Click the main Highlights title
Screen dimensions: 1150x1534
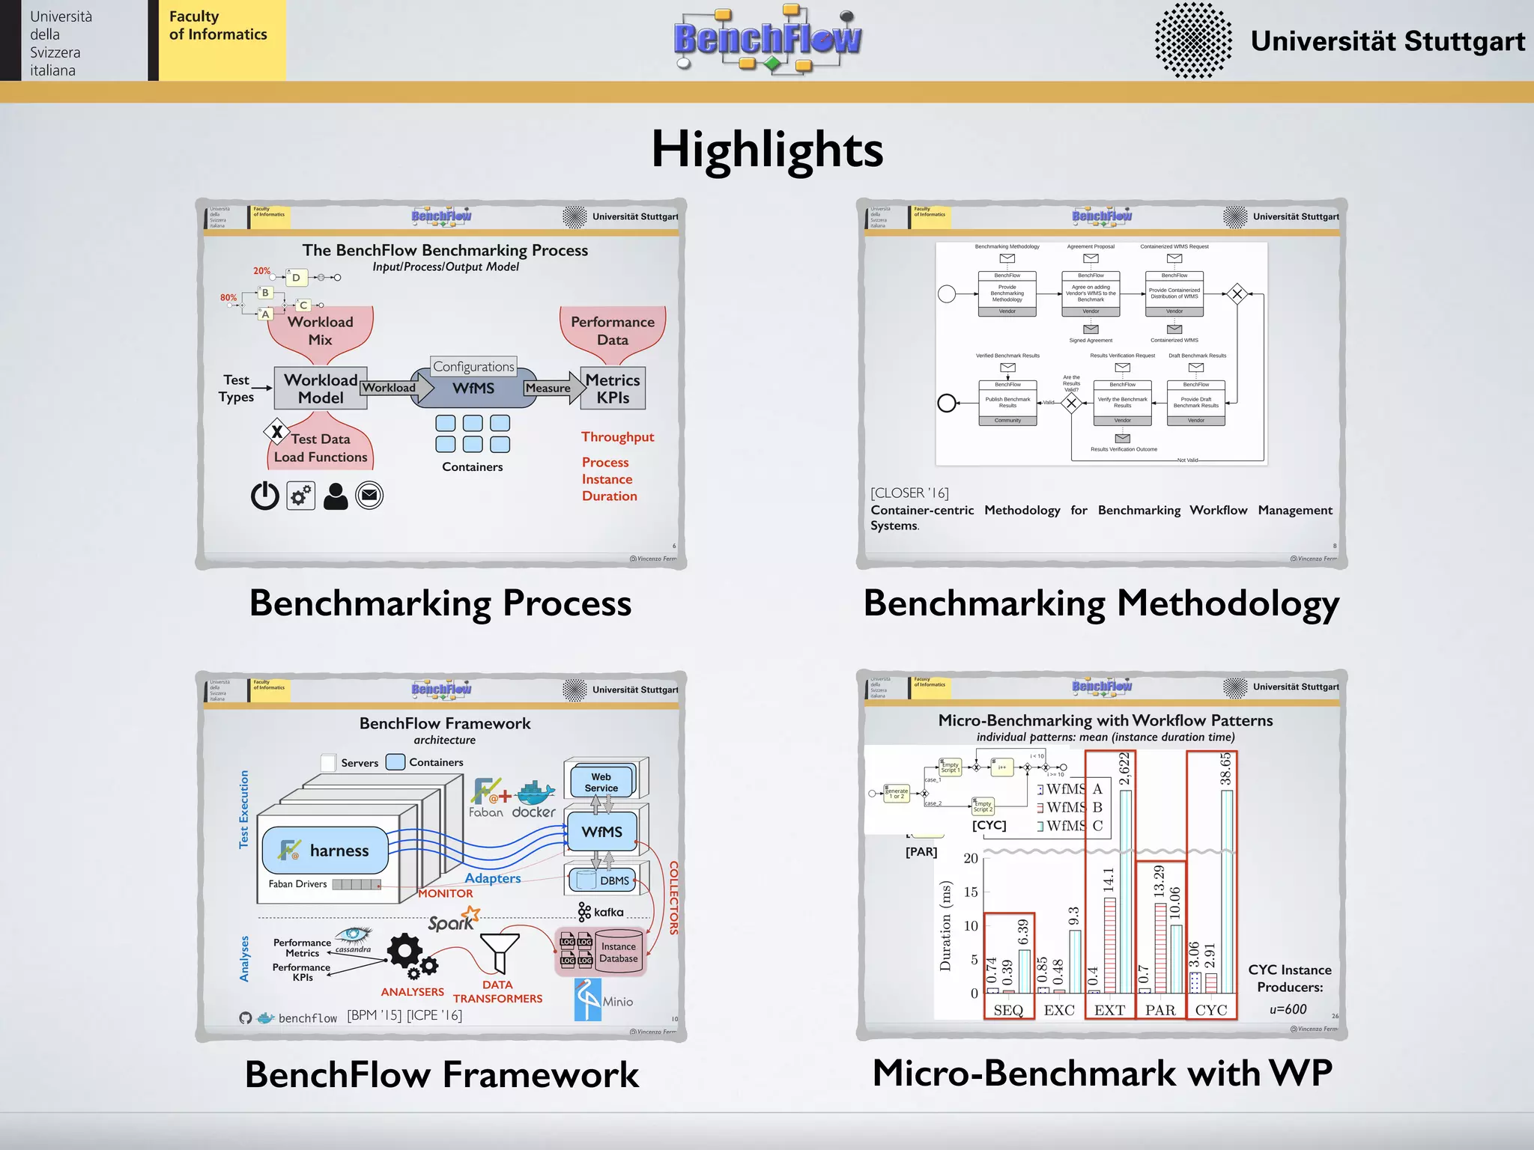pyautogui.click(x=767, y=149)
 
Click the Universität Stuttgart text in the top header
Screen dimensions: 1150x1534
pyautogui.click(x=1387, y=41)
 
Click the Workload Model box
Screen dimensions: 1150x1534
pyautogui.click(x=321, y=389)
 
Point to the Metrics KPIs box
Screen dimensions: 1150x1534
pyautogui.click(x=613, y=389)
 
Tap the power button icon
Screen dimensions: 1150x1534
pyautogui.click(x=264, y=496)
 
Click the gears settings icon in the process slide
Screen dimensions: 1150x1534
pyautogui.click(x=301, y=496)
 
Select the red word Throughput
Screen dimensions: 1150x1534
pyautogui.click(x=618, y=437)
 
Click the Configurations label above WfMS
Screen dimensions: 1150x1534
pyautogui.click(x=473, y=366)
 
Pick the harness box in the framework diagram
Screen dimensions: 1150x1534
pyautogui.click(x=325, y=851)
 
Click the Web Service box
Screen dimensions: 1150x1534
pyautogui.click(x=601, y=782)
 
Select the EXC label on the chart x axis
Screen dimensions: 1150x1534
pyautogui.click(x=1059, y=1010)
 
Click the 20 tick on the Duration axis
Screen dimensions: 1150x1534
pyautogui.click(x=971, y=858)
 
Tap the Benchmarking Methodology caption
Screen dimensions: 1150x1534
pyautogui.click(x=1101, y=603)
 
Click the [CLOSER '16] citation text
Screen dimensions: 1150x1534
pyautogui.click(x=909, y=493)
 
